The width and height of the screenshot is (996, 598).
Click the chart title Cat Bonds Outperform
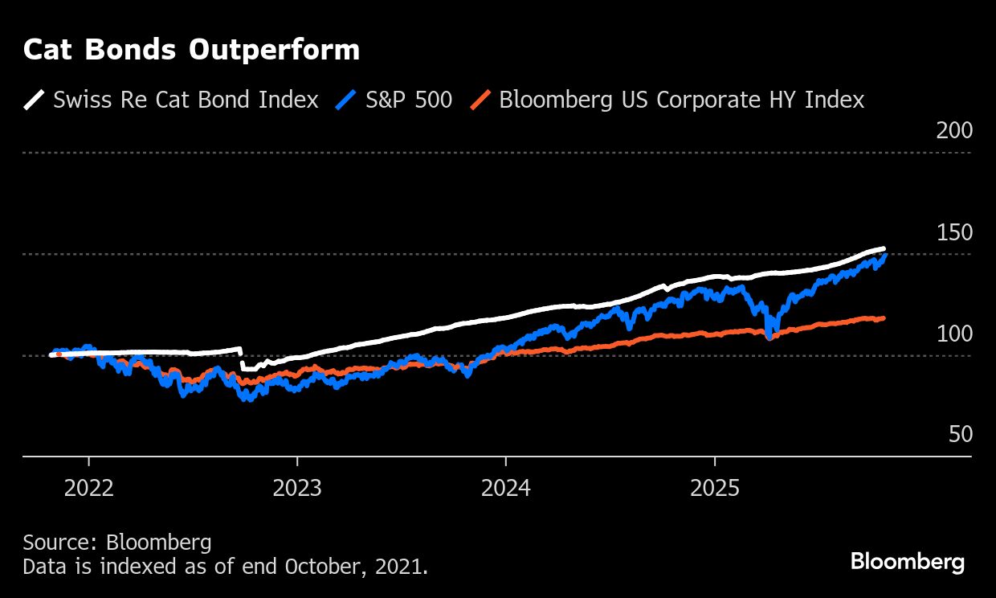[191, 51]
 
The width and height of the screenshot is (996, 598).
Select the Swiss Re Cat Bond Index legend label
[186, 100]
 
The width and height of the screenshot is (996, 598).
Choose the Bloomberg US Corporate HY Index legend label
[681, 100]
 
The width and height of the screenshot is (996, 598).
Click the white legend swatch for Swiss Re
[35, 100]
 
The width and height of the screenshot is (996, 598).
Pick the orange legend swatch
[480, 100]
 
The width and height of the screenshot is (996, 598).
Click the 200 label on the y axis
[953, 130]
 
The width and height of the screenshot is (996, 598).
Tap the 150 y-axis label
[953, 232]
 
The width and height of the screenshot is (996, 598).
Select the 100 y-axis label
[953, 334]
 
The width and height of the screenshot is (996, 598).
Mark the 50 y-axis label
[960, 435]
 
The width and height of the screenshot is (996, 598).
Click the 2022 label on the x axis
[88, 488]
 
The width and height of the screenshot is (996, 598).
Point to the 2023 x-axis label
[297, 488]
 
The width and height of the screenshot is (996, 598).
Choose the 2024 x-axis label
[505, 488]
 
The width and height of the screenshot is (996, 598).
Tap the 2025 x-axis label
[714, 488]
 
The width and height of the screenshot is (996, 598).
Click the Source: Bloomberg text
[117, 543]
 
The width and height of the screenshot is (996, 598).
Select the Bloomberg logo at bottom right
[907, 561]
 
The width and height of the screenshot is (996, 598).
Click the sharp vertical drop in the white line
[242, 358]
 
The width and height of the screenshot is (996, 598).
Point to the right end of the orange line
[884, 318]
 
